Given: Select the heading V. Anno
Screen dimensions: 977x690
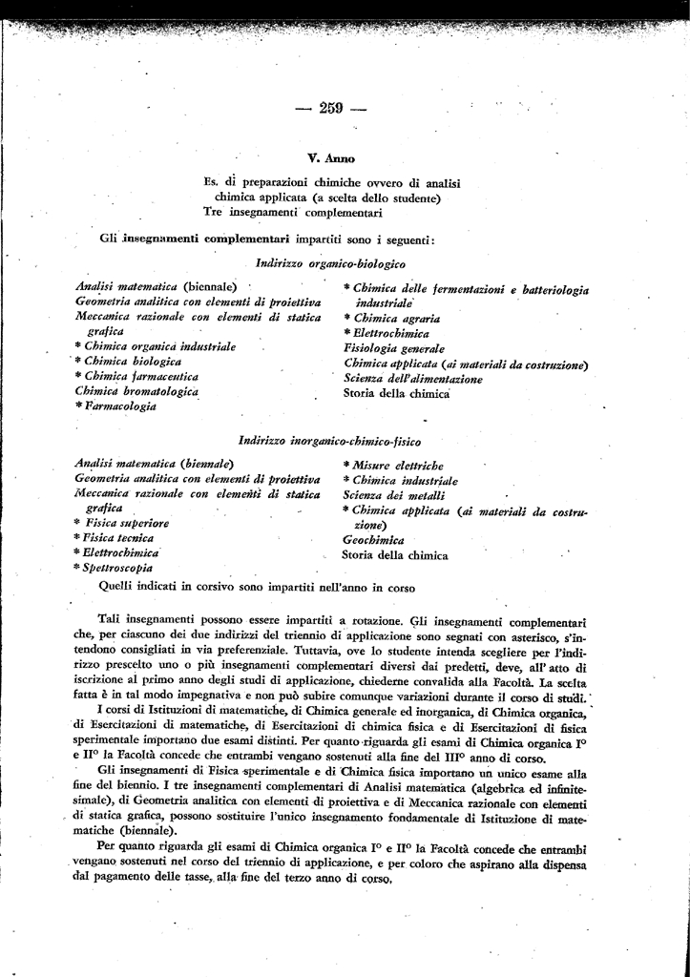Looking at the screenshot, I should click(x=331, y=157).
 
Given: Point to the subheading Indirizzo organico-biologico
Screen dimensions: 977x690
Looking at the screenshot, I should click(x=331, y=262).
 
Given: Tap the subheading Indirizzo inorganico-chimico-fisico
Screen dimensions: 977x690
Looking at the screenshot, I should click(x=331, y=441).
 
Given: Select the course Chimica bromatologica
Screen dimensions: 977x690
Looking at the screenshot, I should click(x=136, y=392).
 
